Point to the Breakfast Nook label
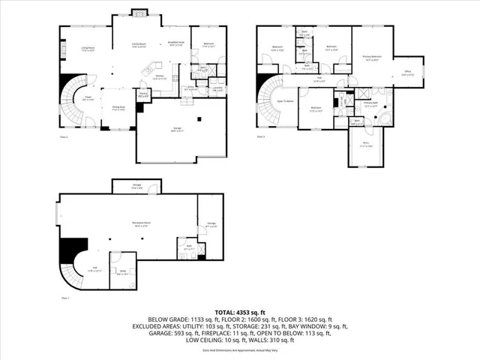click(176, 43)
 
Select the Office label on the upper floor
click(406, 73)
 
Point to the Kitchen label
click(160, 77)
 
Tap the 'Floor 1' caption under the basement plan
click(64, 298)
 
